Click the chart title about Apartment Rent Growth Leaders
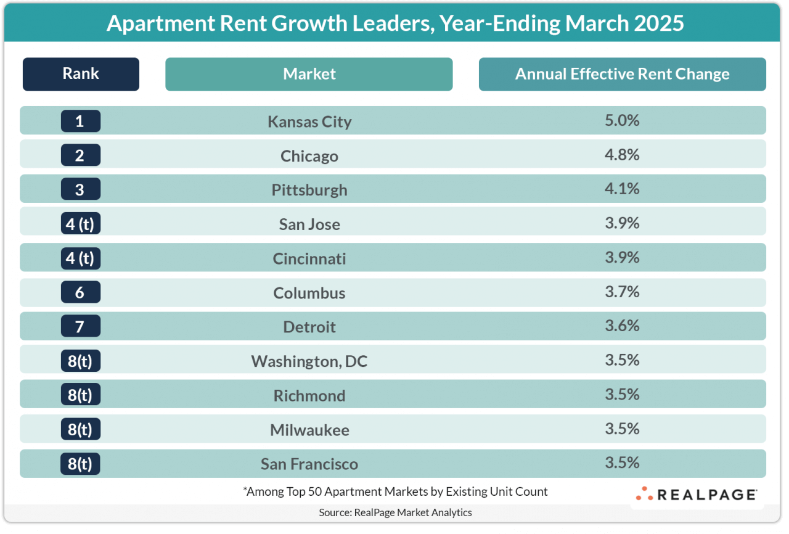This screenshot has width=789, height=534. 394,23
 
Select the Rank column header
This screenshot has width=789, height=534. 81,74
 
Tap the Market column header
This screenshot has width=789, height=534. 309,74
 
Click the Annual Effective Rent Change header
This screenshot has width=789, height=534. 622,74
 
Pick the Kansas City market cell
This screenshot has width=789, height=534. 309,121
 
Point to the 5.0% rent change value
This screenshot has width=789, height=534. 622,120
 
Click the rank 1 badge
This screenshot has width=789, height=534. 80,121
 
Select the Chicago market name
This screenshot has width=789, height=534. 309,156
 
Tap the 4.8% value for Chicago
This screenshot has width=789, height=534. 622,155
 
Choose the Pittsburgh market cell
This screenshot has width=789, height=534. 309,190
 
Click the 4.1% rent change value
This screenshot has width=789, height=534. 622,189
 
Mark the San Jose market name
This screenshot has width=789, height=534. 309,224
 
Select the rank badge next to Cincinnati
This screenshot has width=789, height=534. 80,258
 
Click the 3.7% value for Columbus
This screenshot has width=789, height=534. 622,292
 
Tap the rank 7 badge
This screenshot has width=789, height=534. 80,326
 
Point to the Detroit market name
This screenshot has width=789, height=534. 309,327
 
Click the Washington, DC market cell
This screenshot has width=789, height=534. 309,361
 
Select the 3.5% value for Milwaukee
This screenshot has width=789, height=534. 622,429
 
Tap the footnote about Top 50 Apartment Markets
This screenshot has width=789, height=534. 395,492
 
